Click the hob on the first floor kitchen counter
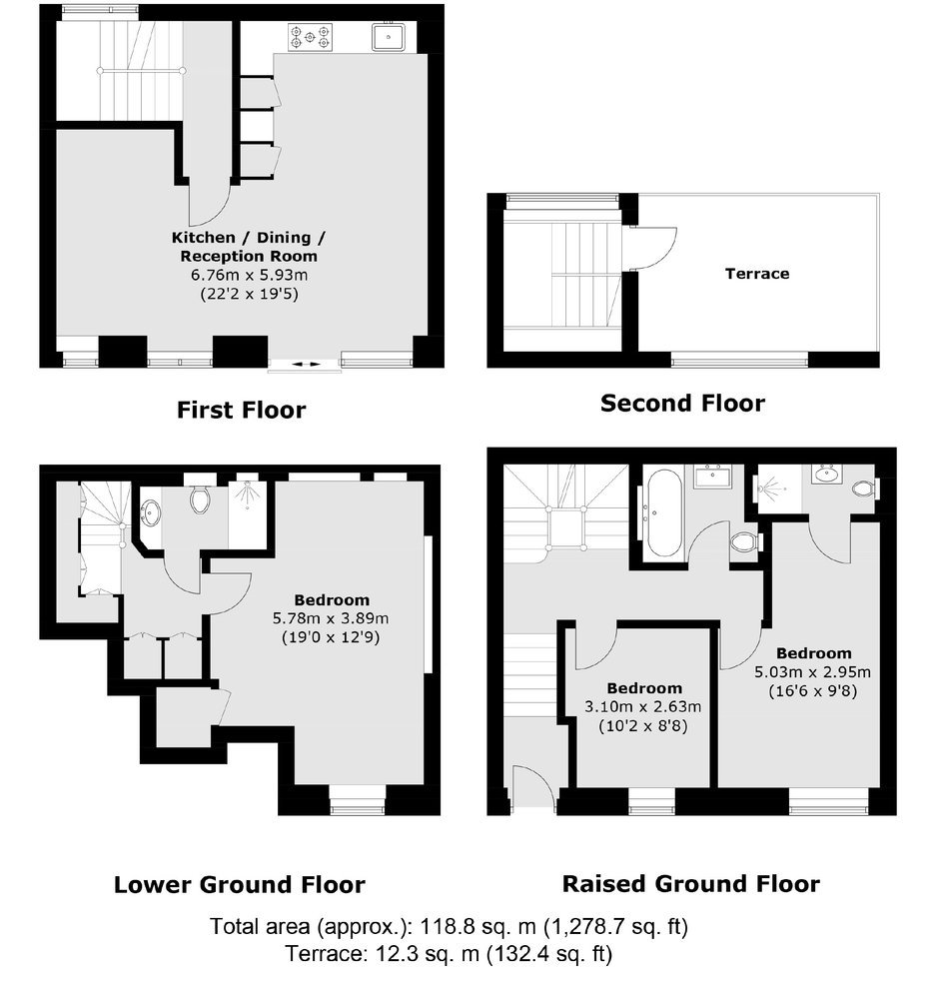click(310, 37)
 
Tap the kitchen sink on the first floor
click(389, 36)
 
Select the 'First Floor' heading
click(241, 410)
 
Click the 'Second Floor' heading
click(683, 403)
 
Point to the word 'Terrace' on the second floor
click(757, 274)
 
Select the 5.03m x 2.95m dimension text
click(812, 672)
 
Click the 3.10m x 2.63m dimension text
click(642, 706)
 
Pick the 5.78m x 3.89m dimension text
click(331, 618)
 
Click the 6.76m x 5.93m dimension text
click(250, 275)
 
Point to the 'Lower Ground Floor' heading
click(240, 884)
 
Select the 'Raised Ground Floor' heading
click(691, 883)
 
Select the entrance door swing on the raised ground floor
click(533, 789)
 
